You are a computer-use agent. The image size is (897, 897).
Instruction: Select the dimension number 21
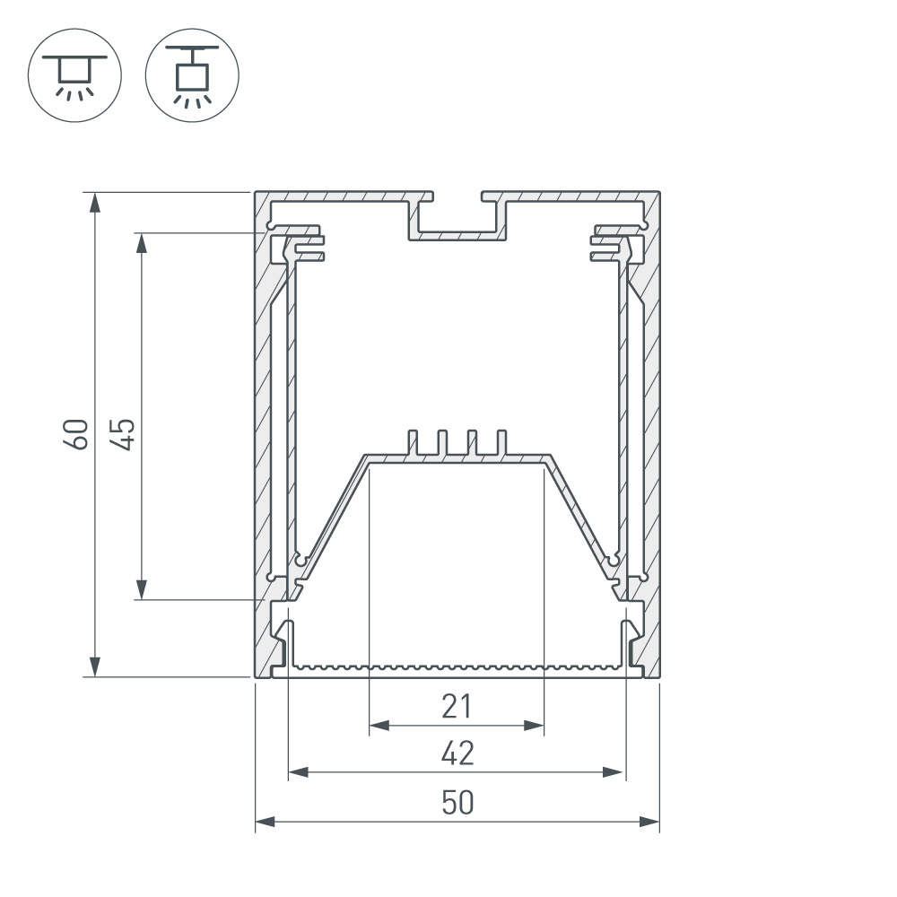tap(457, 706)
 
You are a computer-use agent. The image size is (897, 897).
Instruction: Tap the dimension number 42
tap(457, 753)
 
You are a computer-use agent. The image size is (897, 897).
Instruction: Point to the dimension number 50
tap(457, 802)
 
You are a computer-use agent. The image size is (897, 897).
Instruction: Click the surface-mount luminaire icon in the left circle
tap(75, 77)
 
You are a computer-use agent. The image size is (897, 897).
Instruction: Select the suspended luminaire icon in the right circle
tap(192, 76)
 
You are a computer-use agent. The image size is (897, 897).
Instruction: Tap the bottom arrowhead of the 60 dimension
tap(95, 667)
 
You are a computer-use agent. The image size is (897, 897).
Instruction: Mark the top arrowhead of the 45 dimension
tap(142, 242)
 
